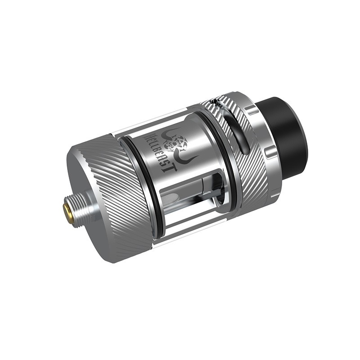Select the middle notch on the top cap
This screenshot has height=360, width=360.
269,153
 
